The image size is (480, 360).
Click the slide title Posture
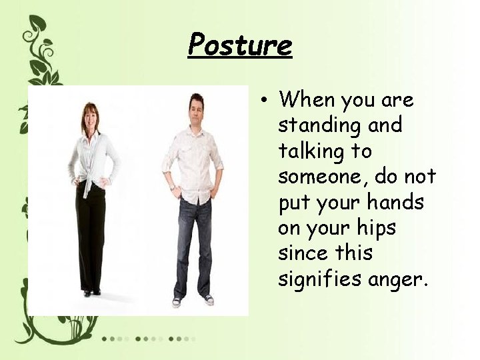point(240,45)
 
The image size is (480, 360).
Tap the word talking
point(317,151)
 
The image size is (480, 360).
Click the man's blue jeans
point(193,247)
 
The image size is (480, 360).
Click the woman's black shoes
point(91,292)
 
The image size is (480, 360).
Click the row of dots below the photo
point(147,339)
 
